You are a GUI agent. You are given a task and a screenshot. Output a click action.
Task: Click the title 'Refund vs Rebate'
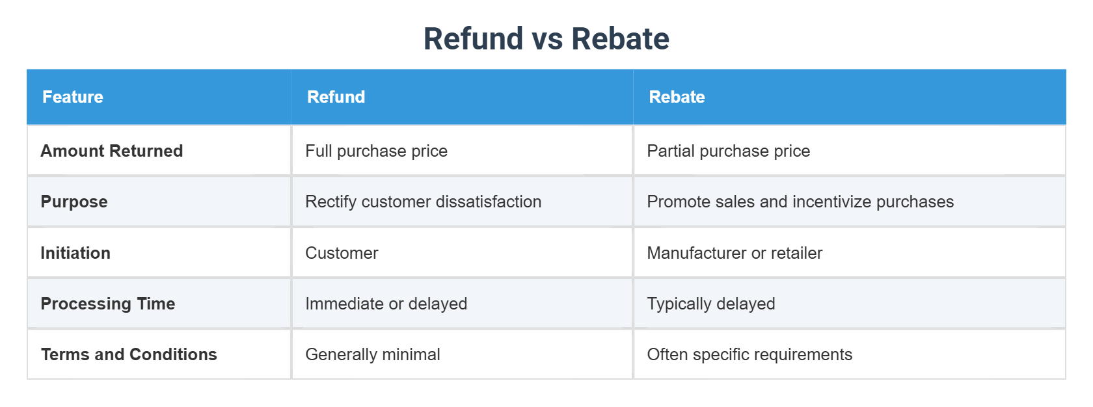(546, 39)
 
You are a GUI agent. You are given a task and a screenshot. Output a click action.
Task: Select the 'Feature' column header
(73, 97)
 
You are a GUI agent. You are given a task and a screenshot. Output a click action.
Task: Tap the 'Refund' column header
(336, 97)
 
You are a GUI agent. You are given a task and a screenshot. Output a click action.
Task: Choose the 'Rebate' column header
(677, 97)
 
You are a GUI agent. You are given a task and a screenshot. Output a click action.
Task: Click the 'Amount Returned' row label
(112, 151)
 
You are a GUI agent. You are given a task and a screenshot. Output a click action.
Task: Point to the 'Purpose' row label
(74, 202)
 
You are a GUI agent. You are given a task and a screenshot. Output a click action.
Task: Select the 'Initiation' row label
(75, 253)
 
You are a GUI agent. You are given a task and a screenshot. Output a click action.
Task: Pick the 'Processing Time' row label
(108, 304)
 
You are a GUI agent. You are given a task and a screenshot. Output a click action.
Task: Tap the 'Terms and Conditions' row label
(129, 354)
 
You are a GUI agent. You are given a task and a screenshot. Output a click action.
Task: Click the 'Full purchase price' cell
(376, 151)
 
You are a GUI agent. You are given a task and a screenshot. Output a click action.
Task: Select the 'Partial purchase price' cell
(728, 151)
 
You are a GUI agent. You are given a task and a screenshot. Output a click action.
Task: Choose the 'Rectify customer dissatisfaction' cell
(423, 202)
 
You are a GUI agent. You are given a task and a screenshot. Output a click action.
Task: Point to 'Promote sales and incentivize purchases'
(800, 202)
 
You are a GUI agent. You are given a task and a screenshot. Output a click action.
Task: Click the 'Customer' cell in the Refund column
(342, 253)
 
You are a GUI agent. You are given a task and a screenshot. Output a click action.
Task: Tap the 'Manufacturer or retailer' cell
(734, 253)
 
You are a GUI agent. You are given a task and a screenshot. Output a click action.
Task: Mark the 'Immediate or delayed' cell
(386, 304)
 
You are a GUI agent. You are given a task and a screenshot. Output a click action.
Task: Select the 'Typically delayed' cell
(710, 304)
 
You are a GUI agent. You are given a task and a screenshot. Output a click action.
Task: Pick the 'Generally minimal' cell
(372, 354)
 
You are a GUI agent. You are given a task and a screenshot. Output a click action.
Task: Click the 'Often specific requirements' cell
(749, 354)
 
